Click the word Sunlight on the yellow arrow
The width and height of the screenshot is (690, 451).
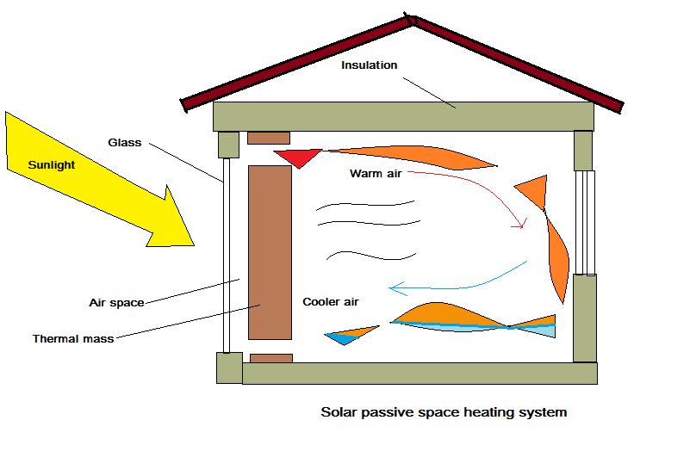(x=52, y=164)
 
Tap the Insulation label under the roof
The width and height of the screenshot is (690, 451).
(x=370, y=65)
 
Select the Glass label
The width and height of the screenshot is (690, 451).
(x=125, y=143)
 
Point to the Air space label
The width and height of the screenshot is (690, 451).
(x=116, y=302)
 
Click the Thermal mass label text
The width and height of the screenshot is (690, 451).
(x=73, y=338)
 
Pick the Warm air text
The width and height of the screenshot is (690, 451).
(x=376, y=173)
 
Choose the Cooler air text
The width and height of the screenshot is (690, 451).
(x=331, y=302)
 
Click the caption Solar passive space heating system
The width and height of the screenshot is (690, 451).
(x=444, y=412)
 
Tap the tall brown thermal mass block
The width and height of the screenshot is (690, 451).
(x=270, y=252)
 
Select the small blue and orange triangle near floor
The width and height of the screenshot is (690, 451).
(x=350, y=334)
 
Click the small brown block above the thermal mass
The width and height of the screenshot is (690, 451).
(x=269, y=138)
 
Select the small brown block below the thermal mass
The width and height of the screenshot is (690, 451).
(x=270, y=358)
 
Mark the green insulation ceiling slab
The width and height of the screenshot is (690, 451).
(x=403, y=116)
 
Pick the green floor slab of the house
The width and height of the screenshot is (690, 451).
(x=420, y=373)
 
